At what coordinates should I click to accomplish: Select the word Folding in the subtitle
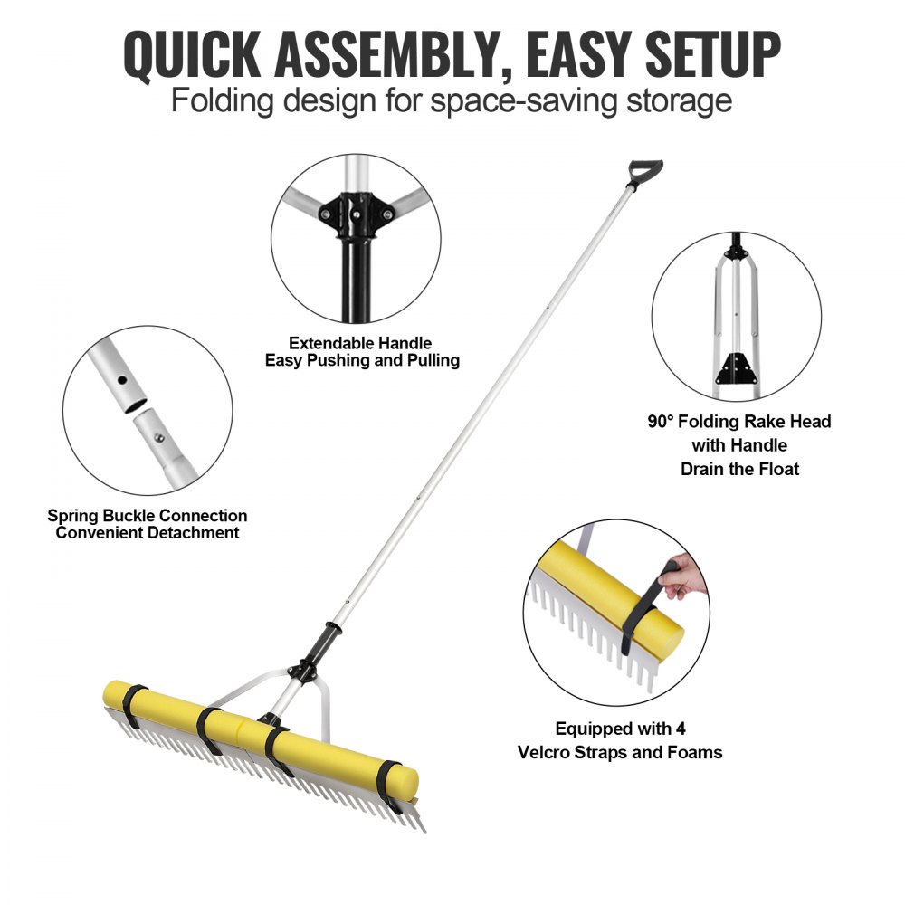click(224, 100)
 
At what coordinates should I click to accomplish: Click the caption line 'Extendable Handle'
click(360, 343)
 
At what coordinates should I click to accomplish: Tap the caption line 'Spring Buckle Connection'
click(148, 516)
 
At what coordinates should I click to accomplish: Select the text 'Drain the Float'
click(739, 469)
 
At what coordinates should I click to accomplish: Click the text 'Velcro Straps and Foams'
click(620, 752)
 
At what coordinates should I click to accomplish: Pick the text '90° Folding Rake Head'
click(739, 422)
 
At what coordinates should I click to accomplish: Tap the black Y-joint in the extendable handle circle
click(354, 214)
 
